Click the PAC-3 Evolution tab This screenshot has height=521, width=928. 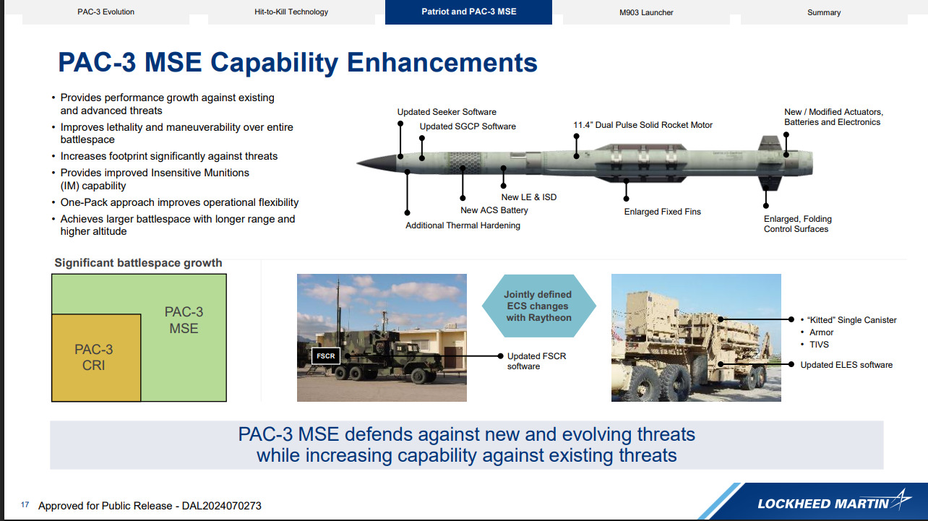point(106,12)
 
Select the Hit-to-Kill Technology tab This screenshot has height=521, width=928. point(291,12)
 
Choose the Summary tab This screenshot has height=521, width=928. point(824,12)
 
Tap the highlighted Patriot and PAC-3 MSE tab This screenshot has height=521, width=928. point(468,12)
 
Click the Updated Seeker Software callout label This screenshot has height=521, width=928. point(447,112)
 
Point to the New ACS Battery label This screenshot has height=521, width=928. point(494,210)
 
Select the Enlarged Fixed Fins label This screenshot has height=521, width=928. point(663,212)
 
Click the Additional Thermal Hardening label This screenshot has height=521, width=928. point(463,225)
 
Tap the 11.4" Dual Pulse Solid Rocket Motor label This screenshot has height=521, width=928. point(643,125)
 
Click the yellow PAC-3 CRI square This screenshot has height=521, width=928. point(94,357)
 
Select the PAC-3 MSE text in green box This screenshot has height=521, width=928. point(184,319)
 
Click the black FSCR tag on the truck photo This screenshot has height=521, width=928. point(325,356)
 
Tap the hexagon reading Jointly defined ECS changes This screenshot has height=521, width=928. point(538,306)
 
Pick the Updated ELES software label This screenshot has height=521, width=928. point(846,365)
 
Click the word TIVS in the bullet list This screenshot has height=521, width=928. point(819,345)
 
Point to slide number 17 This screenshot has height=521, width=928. point(25,505)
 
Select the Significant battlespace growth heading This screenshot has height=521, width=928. point(138,263)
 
